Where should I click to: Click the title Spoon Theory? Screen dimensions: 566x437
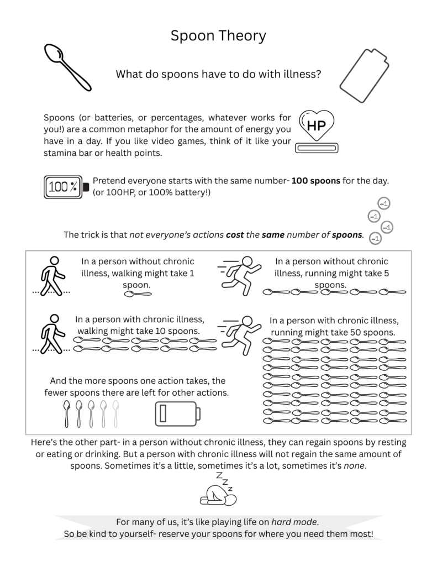coord(218,36)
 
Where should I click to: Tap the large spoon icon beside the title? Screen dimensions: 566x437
coord(67,68)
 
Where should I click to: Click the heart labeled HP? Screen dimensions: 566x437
coord(316,125)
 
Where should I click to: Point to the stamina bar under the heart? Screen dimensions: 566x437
coord(317,148)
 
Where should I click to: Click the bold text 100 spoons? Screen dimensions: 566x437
coord(316,181)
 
